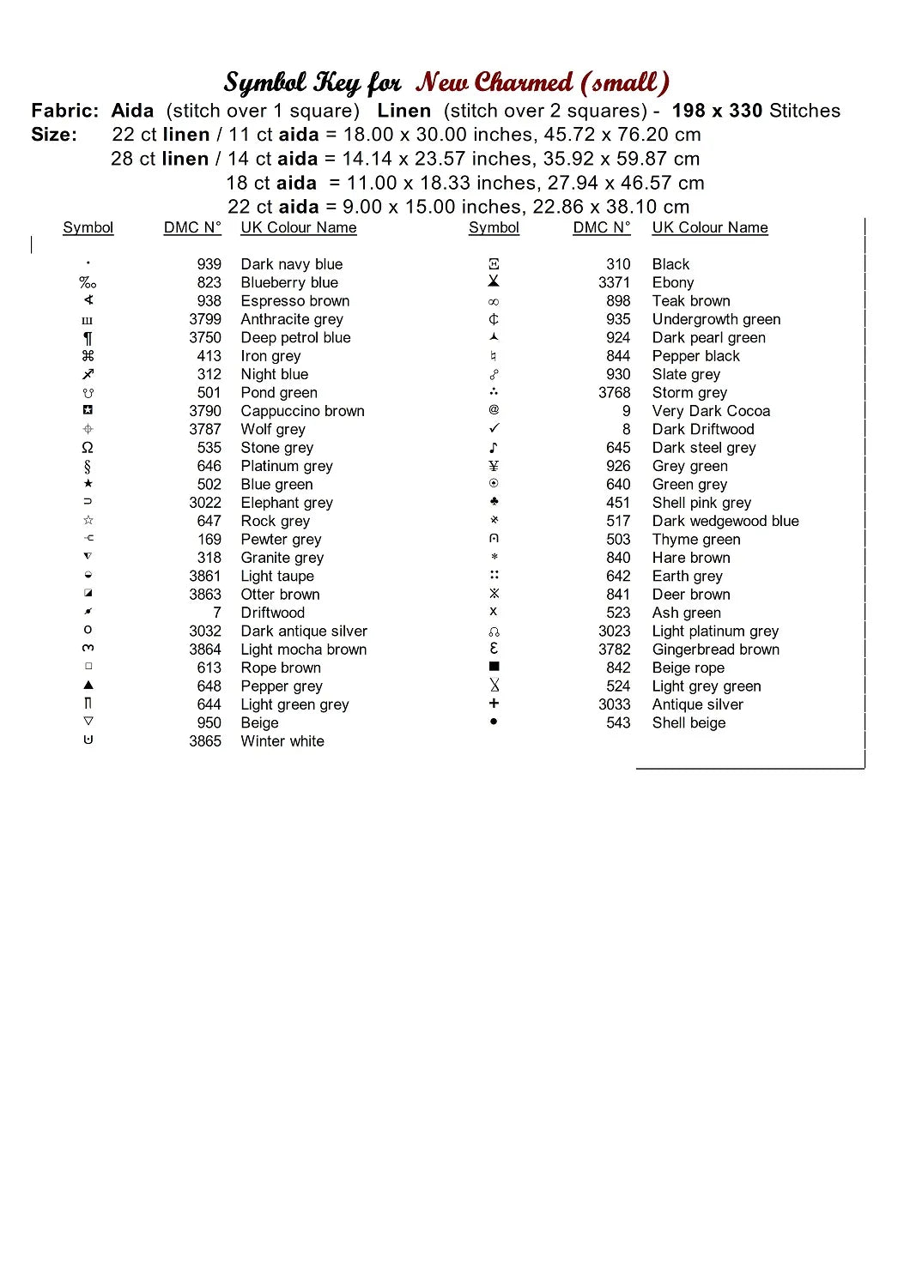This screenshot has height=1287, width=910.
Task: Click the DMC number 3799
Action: pyautogui.click(x=205, y=319)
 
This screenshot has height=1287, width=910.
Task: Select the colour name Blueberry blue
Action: pyautogui.click(x=289, y=282)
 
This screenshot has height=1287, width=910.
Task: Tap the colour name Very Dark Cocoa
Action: pyautogui.click(x=711, y=411)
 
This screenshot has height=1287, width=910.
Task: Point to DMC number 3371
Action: pyautogui.click(x=614, y=282)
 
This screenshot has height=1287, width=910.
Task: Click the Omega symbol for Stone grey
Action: pyautogui.click(x=88, y=448)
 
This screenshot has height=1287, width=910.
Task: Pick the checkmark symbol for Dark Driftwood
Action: pyautogui.click(x=494, y=428)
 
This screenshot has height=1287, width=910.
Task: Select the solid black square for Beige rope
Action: pyautogui.click(x=494, y=667)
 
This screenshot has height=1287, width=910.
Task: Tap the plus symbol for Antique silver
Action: pyautogui.click(x=494, y=704)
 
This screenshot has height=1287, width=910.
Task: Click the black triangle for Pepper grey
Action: pyautogui.click(x=88, y=686)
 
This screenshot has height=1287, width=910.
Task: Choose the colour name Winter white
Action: pyautogui.click(x=282, y=741)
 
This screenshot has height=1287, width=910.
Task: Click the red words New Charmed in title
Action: pyautogui.click(x=494, y=82)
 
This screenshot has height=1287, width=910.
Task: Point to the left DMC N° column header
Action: pyautogui.click(x=192, y=227)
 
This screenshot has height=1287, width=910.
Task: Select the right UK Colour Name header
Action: pyautogui.click(x=710, y=227)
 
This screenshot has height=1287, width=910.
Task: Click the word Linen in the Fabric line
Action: pyautogui.click(x=403, y=111)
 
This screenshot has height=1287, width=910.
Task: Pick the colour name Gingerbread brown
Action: pyautogui.click(x=716, y=650)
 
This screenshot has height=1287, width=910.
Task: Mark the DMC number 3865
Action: pyautogui.click(x=205, y=741)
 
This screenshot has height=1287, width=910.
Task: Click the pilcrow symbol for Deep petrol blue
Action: pyautogui.click(x=88, y=338)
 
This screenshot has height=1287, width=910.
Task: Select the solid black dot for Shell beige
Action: pyautogui.click(x=494, y=722)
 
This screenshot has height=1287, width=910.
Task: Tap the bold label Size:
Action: pyautogui.click(x=54, y=135)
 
